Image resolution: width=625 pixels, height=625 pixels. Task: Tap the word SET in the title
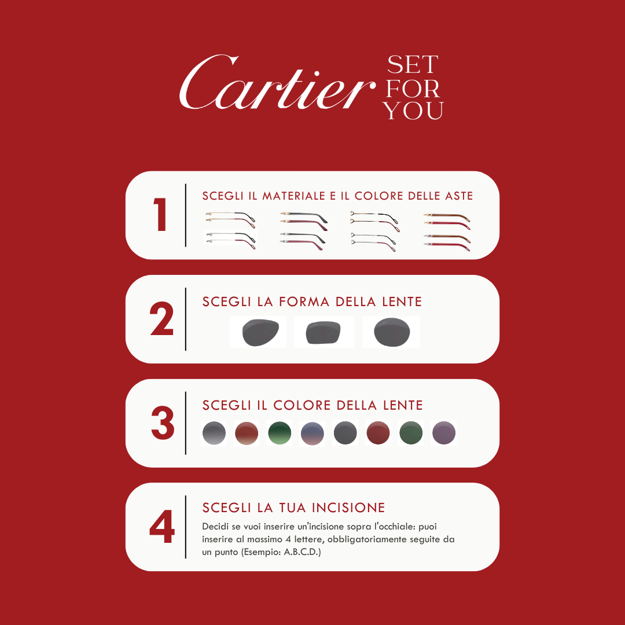[x=412, y=64]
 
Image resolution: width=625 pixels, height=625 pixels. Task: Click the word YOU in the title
[x=414, y=110]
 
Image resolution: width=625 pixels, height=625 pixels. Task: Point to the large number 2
[x=161, y=319]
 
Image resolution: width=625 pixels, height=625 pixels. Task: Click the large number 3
[x=162, y=423]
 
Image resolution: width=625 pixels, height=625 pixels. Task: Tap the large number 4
[x=161, y=527]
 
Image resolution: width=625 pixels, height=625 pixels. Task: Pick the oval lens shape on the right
[x=392, y=332]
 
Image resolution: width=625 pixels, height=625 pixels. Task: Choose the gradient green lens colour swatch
[x=279, y=433]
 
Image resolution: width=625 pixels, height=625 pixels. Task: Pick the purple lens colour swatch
[x=444, y=433]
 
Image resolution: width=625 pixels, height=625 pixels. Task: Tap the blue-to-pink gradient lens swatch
[x=312, y=433]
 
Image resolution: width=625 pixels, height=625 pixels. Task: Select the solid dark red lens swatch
[x=378, y=433]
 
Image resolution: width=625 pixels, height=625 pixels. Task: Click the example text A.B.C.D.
[x=302, y=552]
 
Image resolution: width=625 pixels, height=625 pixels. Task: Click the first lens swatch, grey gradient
[x=214, y=433]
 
